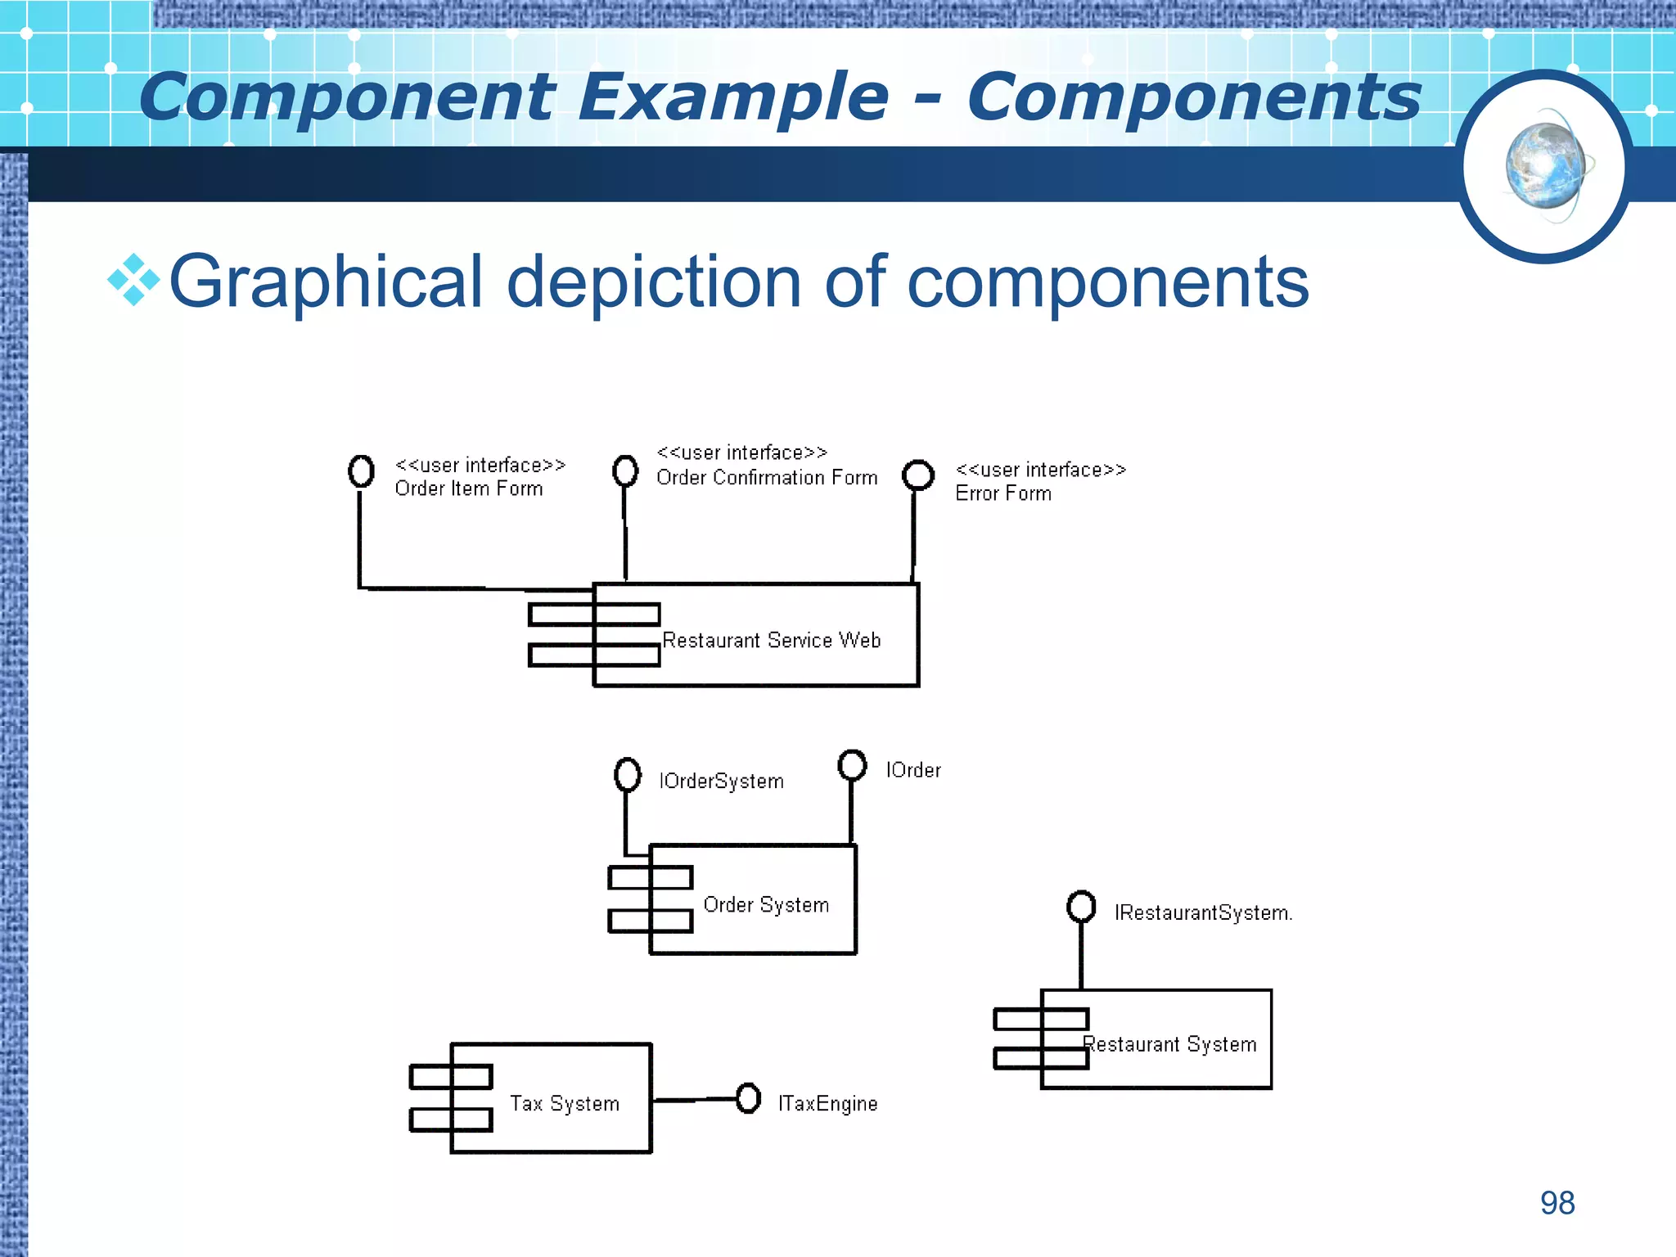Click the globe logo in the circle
(1544, 167)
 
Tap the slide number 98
(1557, 1203)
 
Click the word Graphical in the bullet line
(326, 282)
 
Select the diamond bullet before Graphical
(133, 281)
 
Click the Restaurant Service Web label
(771, 640)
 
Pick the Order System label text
(766, 904)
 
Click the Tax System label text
(565, 1103)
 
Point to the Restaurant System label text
(1170, 1044)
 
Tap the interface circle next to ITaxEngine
(748, 1098)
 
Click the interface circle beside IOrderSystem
(628, 774)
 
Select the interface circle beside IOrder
(852, 765)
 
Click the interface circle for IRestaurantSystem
(1081, 906)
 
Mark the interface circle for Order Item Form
(361, 471)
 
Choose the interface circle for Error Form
(918, 475)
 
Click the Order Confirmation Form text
(767, 477)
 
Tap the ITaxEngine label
(827, 1103)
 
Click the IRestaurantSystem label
(1202, 912)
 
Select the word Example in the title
(733, 97)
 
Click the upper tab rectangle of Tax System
(451, 1076)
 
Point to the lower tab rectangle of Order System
(651, 921)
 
